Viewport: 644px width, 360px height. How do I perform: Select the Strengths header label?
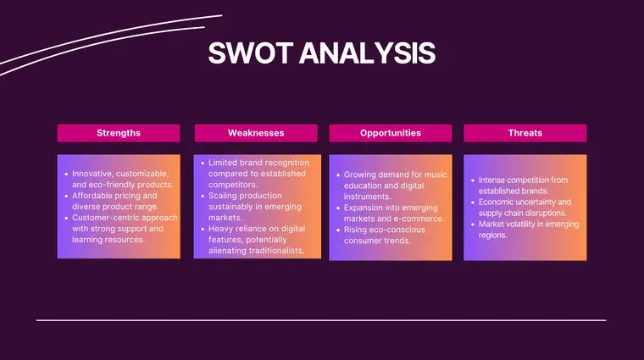click(x=119, y=133)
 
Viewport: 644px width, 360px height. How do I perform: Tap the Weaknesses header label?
click(x=256, y=133)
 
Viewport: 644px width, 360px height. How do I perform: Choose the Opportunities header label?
click(x=390, y=133)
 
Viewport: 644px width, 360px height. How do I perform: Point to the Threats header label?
click(x=525, y=133)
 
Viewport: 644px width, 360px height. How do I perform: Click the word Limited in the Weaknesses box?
click(x=224, y=163)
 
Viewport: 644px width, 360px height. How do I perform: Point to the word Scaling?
click(x=224, y=196)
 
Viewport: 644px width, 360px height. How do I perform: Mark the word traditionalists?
click(x=268, y=251)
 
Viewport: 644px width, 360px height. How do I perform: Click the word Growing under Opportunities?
click(x=361, y=174)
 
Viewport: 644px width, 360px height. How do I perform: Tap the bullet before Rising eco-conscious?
click(x=336, y=230)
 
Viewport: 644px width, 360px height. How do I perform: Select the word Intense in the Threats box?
click(x=494, y=180)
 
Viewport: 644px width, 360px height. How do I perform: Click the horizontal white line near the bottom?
click(x=321, y=320)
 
